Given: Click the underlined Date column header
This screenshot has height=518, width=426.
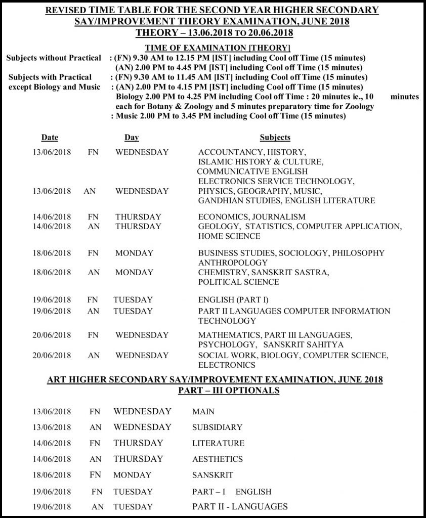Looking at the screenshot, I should [x=50, y=137].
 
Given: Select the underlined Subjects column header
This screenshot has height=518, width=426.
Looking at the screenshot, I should [x=275, y=137].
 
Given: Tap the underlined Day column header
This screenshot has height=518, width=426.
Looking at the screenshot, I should [x=132, y=137].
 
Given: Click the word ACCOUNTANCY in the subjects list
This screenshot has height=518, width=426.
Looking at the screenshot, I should [x=228, y=152].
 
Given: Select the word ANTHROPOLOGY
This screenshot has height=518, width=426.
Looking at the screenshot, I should [x=233, y=263].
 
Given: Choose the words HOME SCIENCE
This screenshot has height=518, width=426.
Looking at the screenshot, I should [x=229, y=236].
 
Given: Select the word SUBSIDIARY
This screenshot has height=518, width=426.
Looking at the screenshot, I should [x=217, y=427].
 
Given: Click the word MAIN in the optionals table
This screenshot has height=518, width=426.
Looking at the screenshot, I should [x=203, y=412].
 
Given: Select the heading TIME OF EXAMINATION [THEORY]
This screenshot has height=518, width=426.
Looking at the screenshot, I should [x=215, y=48].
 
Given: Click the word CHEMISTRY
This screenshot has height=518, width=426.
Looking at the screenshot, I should [x=222, y=273].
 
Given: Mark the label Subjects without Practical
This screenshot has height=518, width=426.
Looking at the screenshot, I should [x=54, y=58].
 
